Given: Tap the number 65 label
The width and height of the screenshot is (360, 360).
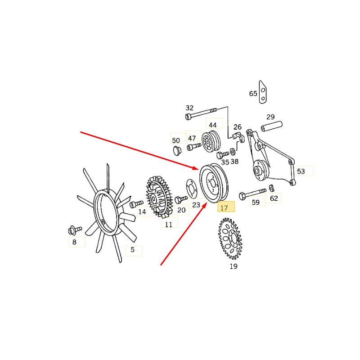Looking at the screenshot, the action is pos(253,94).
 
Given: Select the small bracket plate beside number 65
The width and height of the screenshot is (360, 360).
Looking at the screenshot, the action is pos(263,92).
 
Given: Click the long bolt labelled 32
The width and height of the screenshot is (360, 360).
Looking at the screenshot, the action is pos(201,113).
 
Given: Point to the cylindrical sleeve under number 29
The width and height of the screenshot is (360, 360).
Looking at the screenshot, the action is pos(272,126).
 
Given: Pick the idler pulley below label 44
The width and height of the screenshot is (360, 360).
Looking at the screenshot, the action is pos(211,142).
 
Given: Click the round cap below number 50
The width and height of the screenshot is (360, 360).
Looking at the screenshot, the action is pos(177,150).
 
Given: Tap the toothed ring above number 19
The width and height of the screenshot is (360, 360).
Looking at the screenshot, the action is pos(229,238).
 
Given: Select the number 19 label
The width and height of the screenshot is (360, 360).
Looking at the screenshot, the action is pos(233,266).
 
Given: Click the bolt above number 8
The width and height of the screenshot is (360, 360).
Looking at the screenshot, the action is pos(75,230).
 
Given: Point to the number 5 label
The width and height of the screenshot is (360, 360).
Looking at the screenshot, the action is pos(132,250).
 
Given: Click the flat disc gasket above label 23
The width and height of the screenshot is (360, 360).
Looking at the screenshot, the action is pos(192,189).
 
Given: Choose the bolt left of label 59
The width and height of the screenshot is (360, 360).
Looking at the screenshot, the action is pos(252,193).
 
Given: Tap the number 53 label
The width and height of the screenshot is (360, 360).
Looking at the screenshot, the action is pos(301,171).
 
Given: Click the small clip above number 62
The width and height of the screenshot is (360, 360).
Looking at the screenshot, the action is pos(271,187).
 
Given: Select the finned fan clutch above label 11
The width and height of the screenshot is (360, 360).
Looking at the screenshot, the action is pos(159,197).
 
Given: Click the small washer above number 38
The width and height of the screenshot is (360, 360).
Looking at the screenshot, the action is pos(232,151).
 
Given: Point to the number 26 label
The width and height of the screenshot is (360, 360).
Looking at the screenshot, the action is pos(238,127).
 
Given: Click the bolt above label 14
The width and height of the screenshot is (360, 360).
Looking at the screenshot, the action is pos(136,204).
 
